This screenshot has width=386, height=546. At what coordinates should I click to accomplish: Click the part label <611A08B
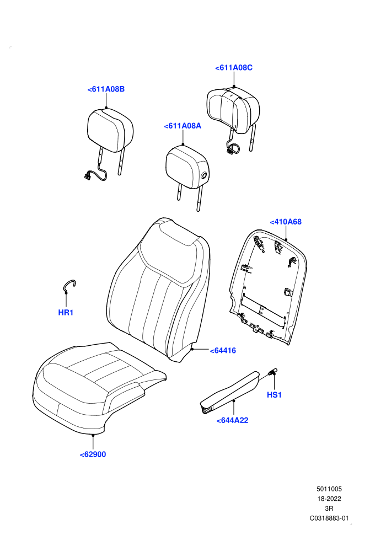pyautogui.click(x=106, y=89)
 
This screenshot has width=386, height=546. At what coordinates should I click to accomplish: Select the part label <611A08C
pyautogui.click(x=234, y=68)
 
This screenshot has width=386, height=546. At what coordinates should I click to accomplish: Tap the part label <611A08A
pyautogui.click(x=183, y=126)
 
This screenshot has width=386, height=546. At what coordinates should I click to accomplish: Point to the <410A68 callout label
pyautogui.click(x=286, y=222)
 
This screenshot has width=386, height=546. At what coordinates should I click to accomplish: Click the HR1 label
pyautogui.click(x=66, y=313)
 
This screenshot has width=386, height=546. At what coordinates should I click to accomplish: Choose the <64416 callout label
pyautogui.click(x=223, y=351)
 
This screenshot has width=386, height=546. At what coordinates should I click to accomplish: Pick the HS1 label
pyautogui.click(x=274, y=395)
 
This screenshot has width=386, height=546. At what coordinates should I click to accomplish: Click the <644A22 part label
pyautogui.click(x=233, y=421)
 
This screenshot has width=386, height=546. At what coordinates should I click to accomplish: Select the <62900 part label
pyautogui.click(x=93, y=454)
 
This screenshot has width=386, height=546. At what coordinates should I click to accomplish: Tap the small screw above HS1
pyautogui.click(x=272, y=371)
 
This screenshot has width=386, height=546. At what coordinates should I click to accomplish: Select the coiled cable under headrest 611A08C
pyautogui.click(x=233, y=148)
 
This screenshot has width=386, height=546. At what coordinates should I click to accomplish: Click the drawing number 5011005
pyautogui.click(x=329, y=489)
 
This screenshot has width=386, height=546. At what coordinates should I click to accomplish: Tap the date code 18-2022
pyautogui.click(x=329, y=499)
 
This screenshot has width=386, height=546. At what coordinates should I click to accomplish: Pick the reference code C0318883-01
pyautogui.click(x=329, y=518)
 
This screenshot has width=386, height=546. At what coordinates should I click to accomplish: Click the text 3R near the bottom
pyautogui.click(x=329, y=508)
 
